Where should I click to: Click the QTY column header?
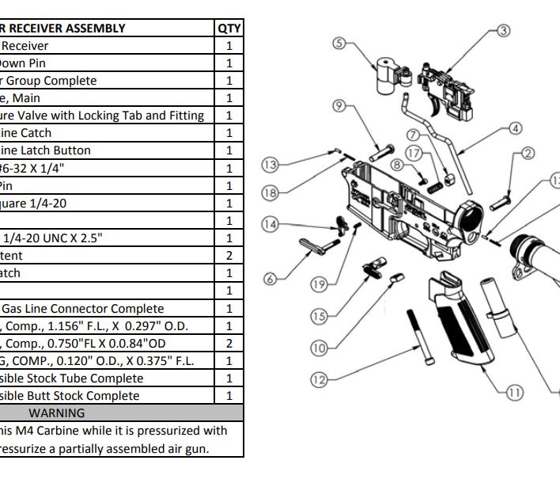[229, 29]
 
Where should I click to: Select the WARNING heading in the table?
[56, 413]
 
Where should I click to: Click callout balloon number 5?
[339, 44]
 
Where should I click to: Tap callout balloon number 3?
[503, 32]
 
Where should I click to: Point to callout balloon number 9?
[339, 105]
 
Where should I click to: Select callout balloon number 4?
[515, 128]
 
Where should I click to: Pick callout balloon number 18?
[270, 192]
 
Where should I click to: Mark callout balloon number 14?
[271, 225]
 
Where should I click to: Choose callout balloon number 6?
[270, 278]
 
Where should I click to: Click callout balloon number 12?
[319, 380]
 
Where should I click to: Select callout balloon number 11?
[515, 391]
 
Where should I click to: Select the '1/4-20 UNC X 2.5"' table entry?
[47, 238]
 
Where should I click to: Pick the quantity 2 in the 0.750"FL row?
[229, 344]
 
